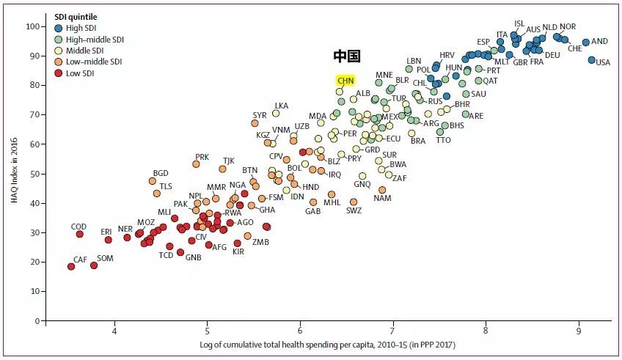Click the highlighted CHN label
(x=345, y=80)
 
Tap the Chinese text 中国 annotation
(x=347, y=56)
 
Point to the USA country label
(x=603, y=62)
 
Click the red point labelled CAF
(x=71, y=266)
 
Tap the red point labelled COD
(x=79, y=234)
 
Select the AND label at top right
(x=599, y=42)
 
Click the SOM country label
(x=106, y=258)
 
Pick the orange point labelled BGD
(x=153, y=181)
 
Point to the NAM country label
(x=382, y=198)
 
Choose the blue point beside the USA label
(x=591, y=60)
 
